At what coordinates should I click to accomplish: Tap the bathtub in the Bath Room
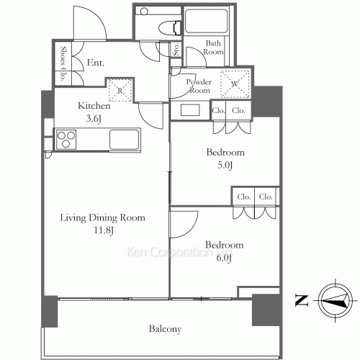[x=207, y=21]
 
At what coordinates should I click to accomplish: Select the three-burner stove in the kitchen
[x=66, y=139]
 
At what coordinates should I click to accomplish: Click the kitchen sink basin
[x=125, y=140]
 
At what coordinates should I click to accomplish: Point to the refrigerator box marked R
[x=120, y=90]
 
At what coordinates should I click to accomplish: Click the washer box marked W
[x=235, y=84]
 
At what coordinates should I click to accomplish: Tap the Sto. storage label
[x=176, y=50]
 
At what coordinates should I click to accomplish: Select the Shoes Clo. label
[x=63, y=63]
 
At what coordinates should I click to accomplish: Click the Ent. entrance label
[x=96, y=63]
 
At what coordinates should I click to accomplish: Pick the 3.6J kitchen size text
[x=94, y=118]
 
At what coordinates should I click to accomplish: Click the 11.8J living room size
[x=104, y=230]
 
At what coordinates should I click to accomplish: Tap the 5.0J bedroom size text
[x=225, y=165]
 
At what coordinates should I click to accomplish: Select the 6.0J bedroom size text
[x=224, y=258]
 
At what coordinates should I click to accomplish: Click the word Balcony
[x=165, y=329]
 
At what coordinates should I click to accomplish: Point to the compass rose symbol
[x=336, y=300]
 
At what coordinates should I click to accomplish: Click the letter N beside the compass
[x=302, y=300]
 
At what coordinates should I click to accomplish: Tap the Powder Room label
[x=199, y=86]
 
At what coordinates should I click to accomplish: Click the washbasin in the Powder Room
[x=190, y=110]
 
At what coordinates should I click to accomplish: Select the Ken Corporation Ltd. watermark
[x=179, y=252]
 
